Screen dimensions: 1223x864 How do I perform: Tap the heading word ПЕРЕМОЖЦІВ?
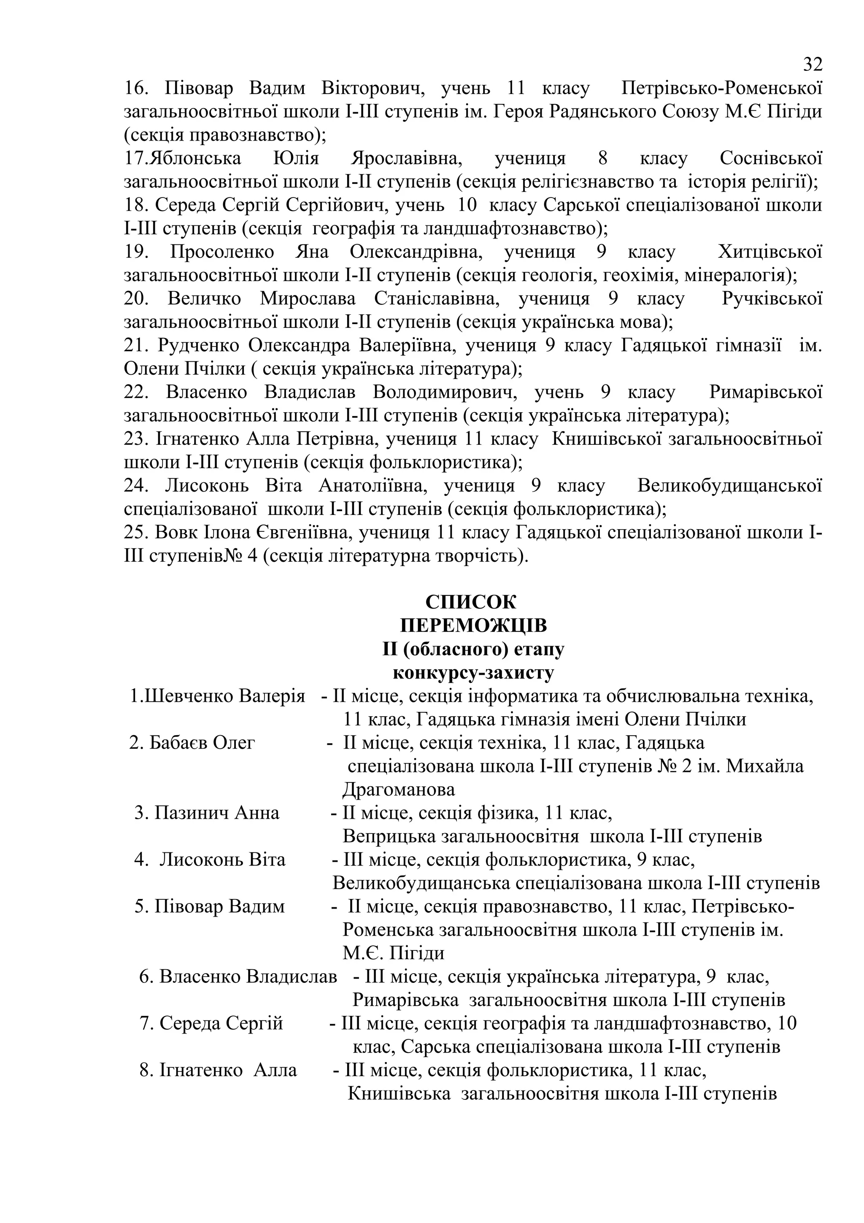click(473, 625)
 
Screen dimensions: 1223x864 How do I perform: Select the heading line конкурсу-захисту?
click(473, 673)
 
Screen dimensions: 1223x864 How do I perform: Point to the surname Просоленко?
click(222, 252)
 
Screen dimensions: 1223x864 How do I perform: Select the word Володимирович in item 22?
click(445, 392)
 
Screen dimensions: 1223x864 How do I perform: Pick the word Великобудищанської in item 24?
click(729, 486)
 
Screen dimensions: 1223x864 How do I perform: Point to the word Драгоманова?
click(399, 790)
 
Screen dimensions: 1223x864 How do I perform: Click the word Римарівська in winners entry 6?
click(405, 1000)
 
